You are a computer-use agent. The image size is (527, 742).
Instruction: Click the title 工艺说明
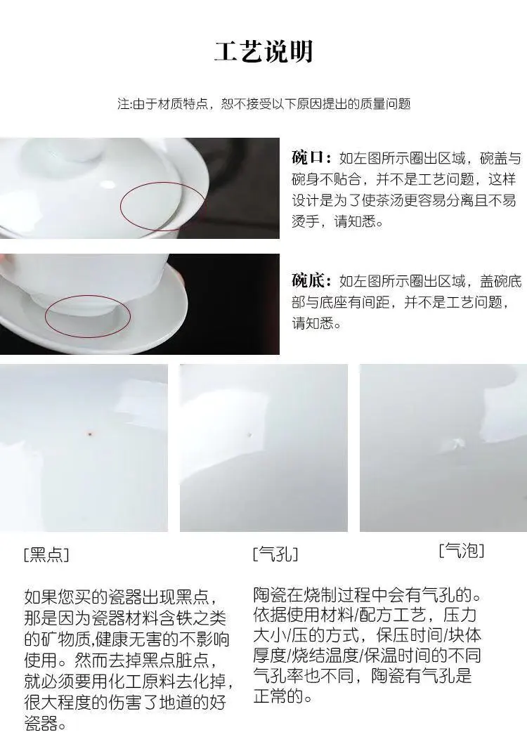point(263,51)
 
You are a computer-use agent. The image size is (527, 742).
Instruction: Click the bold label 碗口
point(307,157)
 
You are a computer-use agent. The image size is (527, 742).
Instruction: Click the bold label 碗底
point(307,280)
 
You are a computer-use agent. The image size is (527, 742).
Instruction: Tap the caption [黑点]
point(46,554)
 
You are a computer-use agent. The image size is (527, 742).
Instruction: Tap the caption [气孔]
point(275,553)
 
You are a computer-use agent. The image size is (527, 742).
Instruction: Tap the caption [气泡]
point(461,550)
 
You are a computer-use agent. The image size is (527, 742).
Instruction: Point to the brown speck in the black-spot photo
point(89,433)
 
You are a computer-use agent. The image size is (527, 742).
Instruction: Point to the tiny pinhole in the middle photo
point(250,434)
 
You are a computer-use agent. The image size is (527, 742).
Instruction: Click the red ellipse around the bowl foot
point(46,316)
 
